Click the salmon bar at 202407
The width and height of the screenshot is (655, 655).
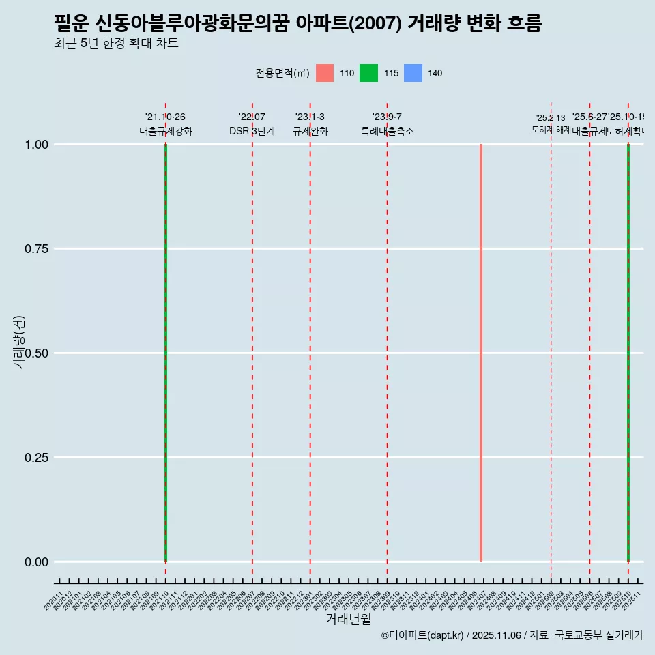click(x=481, y=353)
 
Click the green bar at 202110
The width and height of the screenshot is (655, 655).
click(x=166, y=353)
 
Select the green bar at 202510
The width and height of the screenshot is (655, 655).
click(x=628, y=353)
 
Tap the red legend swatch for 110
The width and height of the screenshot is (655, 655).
click(x=325, y=73)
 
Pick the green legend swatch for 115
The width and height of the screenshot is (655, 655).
click(x=368, y=73)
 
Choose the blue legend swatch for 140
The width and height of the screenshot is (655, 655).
click(x=413, y=73)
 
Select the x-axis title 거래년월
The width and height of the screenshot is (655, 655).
click(x=349, y=620)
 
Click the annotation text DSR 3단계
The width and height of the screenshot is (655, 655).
click(x=252, y=132)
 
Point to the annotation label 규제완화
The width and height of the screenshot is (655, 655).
click(x=310, y=132)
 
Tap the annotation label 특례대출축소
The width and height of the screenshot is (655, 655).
click(x=388, y=132)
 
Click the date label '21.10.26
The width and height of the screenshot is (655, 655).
click(x=165, y=117)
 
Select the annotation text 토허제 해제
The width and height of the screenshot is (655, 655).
click(x=551, y=130)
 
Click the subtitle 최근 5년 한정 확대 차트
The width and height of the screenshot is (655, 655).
click(x=116, y=44)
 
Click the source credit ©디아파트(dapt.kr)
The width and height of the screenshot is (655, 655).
click(x=422, y=636)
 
